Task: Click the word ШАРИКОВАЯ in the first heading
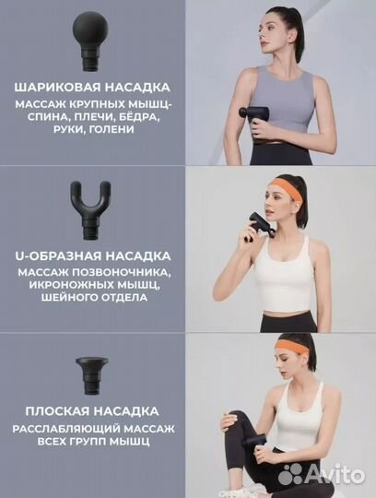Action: point(54,88)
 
